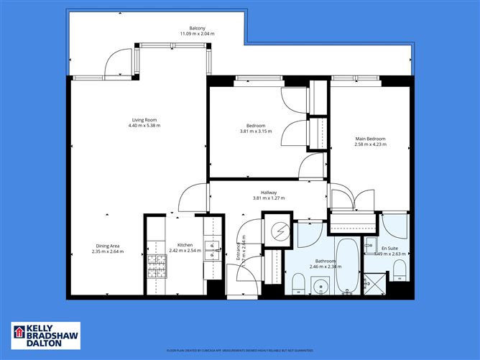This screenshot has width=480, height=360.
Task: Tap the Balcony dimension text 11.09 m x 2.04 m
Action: tap(197, 34)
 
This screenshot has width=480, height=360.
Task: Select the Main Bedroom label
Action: tap(370, 139)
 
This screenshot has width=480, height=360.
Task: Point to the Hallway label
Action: tap(269, 193)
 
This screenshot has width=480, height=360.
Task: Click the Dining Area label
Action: tap(108, 246)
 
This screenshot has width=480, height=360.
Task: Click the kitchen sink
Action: tap(212, 250)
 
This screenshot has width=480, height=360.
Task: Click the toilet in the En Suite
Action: tap(400, 270)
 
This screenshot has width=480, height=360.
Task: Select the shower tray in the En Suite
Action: tap(373, 283)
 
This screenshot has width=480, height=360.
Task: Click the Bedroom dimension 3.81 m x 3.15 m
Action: tap(256, 131)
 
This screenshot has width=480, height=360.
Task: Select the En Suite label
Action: tap(389, 248)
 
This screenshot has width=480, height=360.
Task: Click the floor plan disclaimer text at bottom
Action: tap(240, 351)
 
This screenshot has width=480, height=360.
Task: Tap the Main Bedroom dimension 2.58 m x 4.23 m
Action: tap(370, 144)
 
